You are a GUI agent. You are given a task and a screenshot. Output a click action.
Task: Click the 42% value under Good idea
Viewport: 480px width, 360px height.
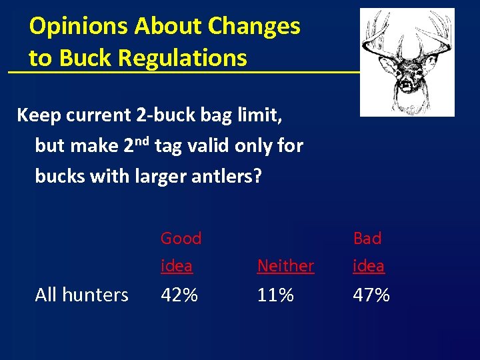tap(179, 295)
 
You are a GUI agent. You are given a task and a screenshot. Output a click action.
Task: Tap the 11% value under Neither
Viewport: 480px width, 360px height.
tap(275, 295)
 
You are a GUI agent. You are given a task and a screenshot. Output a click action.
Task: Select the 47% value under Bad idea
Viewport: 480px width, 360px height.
tap(371, 295)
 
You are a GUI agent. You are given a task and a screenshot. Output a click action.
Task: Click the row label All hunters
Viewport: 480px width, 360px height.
tap(81, 295)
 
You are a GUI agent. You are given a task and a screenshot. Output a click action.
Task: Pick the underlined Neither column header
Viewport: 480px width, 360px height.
tap(285, 266)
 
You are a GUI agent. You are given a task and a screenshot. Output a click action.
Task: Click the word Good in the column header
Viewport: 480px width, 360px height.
tap(181, 238)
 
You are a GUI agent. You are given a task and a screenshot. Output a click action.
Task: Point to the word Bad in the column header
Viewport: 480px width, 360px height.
tap(367, 238)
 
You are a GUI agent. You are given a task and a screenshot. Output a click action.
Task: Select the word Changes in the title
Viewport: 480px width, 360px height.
tap(254, 27)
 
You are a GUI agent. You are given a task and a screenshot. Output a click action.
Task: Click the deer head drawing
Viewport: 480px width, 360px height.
tap(406, 62)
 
